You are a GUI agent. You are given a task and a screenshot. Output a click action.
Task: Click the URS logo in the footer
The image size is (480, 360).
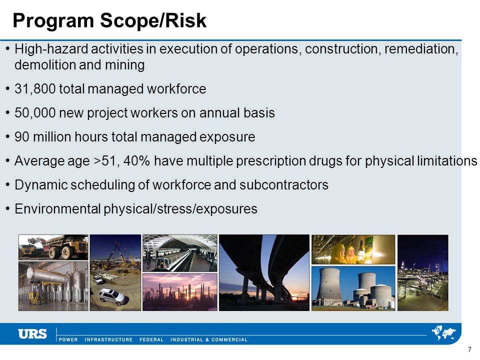(32, 333)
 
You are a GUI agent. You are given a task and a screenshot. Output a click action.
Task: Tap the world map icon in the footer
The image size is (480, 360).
(443, 333)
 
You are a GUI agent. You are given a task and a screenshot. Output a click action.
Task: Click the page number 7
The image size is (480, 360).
(470, 349)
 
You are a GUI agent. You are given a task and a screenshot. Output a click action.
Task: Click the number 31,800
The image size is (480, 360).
(35, 89)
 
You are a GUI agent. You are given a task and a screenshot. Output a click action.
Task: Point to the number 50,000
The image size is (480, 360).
(35, 113)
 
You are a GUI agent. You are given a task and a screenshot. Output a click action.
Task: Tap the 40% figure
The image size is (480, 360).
(136, 160)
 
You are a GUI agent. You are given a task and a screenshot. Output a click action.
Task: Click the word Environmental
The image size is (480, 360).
(57, 209)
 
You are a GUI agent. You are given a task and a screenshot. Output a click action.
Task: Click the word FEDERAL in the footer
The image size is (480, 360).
(151, 339)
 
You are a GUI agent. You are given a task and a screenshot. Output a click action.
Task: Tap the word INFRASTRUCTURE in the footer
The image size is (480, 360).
(108, 339)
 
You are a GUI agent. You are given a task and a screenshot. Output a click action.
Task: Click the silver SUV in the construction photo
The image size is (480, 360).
(111, 296)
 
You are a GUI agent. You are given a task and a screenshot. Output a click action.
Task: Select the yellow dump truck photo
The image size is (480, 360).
(53, 247)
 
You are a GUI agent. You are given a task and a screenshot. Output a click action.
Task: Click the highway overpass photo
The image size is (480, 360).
(264, 273)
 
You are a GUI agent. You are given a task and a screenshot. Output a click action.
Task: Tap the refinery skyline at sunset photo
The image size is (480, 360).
(180, 292)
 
